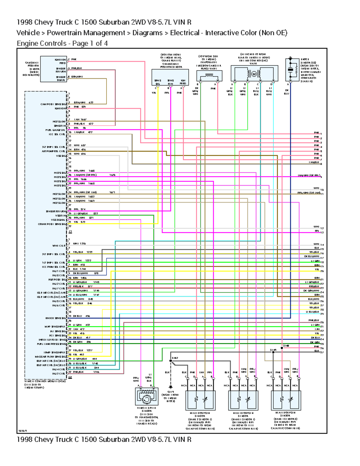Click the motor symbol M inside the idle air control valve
coord(253,74)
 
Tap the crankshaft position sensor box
coord(170,78)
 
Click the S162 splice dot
coord(171,361)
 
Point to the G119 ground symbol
coord(171,387)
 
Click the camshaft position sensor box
coord(53,69)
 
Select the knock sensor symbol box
coord(290,70)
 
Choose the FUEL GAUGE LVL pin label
coord(55,130)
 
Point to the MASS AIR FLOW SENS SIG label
coord(50,357)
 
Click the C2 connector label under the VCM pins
coord(70,377)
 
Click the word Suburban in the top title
coord(114,22)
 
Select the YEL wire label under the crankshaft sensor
coord(154,93)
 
